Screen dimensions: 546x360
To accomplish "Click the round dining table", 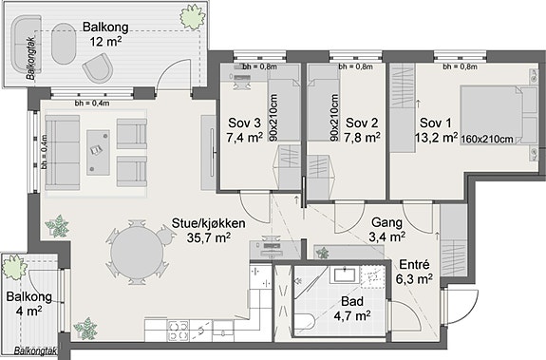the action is (x=137, y=253).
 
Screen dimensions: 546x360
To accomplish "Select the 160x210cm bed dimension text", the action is (x=487, y=140).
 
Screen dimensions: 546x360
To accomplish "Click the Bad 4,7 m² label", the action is (x=352, y=309).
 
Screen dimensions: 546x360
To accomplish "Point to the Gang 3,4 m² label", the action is (x=386, y=230).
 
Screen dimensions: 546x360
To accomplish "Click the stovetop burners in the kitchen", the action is (x=179, y=331).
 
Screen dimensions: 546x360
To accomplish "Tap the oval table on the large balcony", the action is (x=64, y=44).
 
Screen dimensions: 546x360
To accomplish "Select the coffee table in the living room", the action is (x=98, y=153).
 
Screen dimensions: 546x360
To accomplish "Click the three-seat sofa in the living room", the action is (x=63, y=153).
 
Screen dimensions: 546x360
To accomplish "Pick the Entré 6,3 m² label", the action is (x=414, y=272).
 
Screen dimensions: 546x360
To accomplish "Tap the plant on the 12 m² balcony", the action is (x=192, y=16).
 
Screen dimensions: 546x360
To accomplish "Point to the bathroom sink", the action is (x=345, y=275).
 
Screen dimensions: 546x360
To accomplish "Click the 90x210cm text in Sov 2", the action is (x=334, y=118).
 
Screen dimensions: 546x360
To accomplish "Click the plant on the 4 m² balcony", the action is (x=14, y=268).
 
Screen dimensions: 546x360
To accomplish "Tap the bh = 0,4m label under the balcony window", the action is (x=92, y=103).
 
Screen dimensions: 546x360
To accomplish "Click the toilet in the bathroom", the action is (x=305, y=324).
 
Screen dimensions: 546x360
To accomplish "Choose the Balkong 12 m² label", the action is (x=105, y=34).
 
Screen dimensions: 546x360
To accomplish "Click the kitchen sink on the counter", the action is (x=223, y=331).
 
